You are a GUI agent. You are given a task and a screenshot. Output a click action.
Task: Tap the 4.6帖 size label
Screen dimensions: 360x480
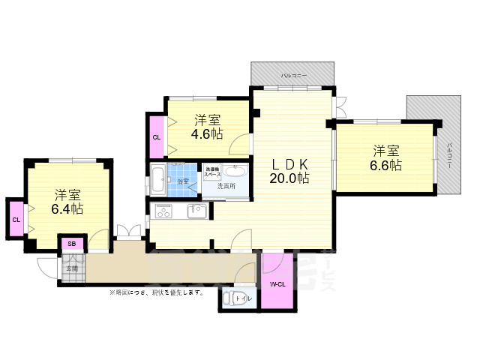(206, 134)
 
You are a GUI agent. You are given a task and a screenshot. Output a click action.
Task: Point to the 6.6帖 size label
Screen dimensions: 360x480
(384, 165)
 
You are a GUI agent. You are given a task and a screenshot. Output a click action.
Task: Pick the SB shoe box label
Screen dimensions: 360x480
(72, 244)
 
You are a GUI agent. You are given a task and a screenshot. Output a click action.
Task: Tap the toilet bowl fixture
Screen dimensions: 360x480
(231, 298)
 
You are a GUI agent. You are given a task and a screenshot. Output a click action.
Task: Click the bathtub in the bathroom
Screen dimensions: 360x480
(158, 179)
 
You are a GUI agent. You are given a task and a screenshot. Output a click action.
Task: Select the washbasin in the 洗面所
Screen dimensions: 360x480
(231, 170)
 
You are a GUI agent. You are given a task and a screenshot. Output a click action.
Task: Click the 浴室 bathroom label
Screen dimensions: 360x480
(183, 181)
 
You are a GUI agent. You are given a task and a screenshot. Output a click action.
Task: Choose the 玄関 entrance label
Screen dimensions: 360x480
(72, 268)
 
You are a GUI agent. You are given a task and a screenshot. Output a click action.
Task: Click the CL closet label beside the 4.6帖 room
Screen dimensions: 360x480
(157, 138)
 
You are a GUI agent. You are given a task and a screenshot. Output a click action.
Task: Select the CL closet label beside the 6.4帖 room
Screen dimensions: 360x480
(16, 219)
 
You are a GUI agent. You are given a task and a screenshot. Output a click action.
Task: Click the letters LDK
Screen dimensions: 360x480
(289, 163)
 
